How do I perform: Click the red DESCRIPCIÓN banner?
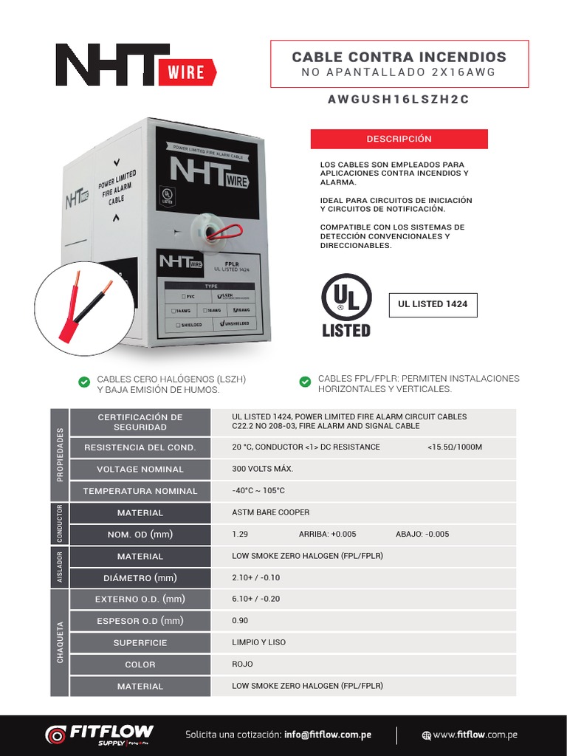point(399,139)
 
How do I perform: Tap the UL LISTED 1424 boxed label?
point(433,304)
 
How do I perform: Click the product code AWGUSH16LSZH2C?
point(399,100)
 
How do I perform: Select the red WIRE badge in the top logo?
point(188,72)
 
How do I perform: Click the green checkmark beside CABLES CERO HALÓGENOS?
point(84,382)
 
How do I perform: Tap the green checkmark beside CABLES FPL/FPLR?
point(305,382)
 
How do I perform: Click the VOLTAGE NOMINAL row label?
point(140,470)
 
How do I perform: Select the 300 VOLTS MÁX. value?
point(263,469)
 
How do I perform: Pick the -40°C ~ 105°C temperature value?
point(258,491)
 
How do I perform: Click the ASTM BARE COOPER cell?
point(271,512)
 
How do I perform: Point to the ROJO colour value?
point(242,664)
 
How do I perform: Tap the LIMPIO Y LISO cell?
point(258,642)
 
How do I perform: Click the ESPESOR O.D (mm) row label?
point(140,621)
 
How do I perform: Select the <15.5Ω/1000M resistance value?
point(454,447)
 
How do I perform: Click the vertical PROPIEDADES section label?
point(60,454)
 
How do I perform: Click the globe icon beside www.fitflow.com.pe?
point(426,735)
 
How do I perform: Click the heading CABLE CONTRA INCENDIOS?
point(399,57)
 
